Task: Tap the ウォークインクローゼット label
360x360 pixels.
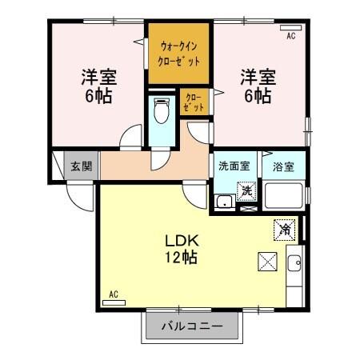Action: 179,54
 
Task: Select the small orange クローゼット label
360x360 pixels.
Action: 194,102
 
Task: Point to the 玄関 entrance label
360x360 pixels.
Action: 80,166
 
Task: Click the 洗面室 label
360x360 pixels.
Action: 234,167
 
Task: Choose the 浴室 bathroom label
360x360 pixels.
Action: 284,167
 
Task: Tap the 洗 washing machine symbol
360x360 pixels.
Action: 248,190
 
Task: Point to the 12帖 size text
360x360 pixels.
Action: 182,258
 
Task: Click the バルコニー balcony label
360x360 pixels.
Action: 192,326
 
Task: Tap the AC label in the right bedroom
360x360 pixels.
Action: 290,36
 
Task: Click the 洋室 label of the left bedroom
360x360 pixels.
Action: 98,78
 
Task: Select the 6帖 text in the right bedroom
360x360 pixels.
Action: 258,96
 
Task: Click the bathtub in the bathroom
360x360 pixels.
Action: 285,196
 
